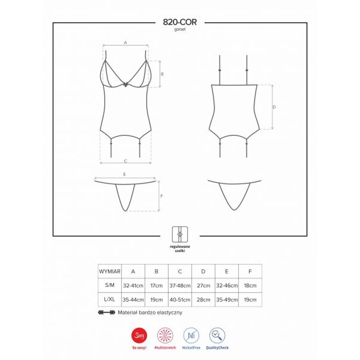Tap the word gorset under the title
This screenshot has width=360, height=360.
179,30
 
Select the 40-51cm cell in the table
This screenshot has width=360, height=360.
180,299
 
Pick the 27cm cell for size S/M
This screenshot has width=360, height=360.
203,284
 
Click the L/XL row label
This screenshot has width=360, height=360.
109,299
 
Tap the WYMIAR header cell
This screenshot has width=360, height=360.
109,271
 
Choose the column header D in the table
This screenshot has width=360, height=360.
203,271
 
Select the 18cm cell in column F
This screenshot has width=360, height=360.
250,284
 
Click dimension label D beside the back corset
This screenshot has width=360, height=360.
274,107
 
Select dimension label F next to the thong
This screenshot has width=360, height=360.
161,196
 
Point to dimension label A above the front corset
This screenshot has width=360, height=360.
125,43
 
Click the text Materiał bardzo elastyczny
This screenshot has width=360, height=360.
150,312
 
